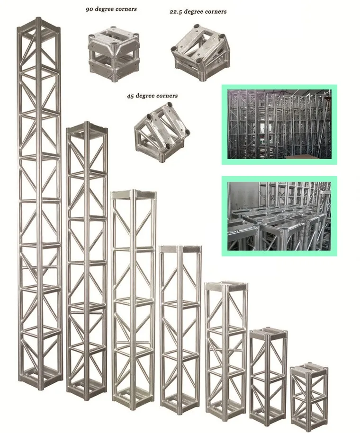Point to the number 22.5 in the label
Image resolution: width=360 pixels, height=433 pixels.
pos(177,11)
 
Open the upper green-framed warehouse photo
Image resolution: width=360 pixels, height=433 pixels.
pos(279,125)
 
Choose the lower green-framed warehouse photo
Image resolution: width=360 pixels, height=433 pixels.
pos(279,216)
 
